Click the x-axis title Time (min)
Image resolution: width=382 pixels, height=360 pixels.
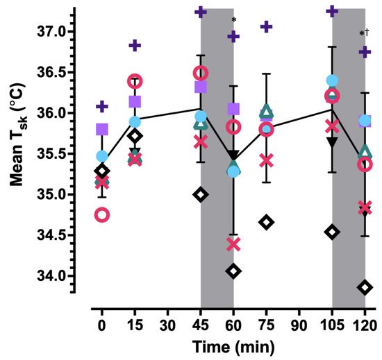pos(233,345)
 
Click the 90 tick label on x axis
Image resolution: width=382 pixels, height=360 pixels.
pos(299,325)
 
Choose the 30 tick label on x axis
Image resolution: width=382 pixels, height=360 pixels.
pos(167,325)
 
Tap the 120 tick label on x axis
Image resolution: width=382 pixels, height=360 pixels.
pos(365,325)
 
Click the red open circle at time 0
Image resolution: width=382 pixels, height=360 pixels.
pos(102,214)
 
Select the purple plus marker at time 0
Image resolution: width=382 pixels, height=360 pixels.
pos(102,106)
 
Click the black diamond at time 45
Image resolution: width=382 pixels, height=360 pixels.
pos(201,194)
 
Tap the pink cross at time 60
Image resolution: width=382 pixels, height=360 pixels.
pos(233,243)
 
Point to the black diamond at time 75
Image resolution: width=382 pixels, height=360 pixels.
pos(266,222)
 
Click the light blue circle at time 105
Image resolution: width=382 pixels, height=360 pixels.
pos(332,80)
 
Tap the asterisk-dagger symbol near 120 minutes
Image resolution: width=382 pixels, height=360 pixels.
pos(364,34)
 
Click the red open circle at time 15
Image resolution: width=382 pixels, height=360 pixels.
pos(135,81)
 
